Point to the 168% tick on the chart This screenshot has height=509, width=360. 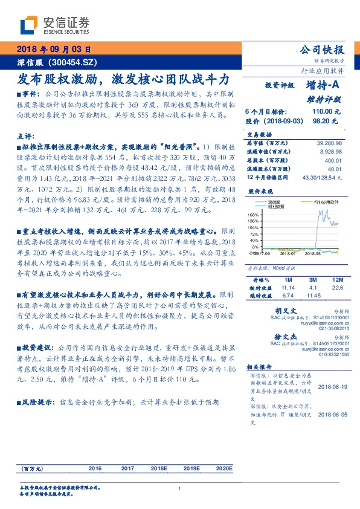(x=254, y=215)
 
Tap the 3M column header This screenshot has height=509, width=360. (x=313, y=280)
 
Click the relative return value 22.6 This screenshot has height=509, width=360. (x=337, y=288)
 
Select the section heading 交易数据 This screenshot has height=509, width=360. (x=259, y=135)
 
